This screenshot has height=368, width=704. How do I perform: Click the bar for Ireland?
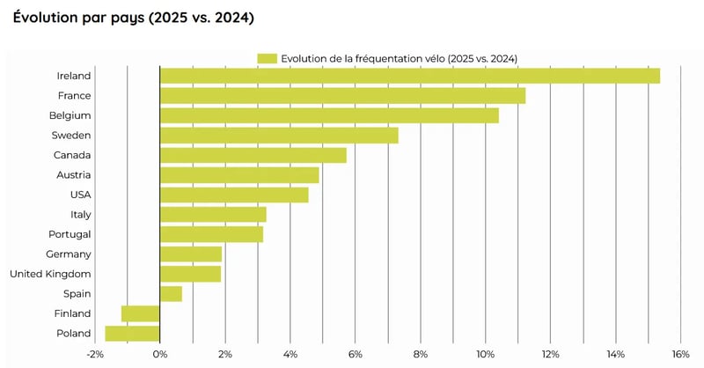click(x=409, y=76)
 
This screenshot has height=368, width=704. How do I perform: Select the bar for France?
click(x=342, y=96)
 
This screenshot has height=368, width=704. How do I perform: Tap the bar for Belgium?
click(x=329, y=115)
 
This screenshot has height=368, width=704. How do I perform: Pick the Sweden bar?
click(x=279, y=136)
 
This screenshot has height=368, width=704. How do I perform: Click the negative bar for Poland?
click(x=133, y=334)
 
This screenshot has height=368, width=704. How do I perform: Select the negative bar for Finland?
click(x=141, y=313)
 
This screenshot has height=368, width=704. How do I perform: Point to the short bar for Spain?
click(x=171, y=294)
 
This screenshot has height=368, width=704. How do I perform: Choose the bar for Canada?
click(x=253, y=155)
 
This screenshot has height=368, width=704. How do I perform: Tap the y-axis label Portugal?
click(x=69, y=234)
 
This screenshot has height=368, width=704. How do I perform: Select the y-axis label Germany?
click(x=68, y=254)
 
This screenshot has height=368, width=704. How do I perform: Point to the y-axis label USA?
click(x=80, y=195)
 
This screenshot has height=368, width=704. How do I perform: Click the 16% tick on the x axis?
click(x=679, y=354)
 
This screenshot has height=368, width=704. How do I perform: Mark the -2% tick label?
click(x=94, y=354)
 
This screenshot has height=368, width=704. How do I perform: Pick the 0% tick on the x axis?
click(x=159, y=354)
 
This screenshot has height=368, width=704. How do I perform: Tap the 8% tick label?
click(x=420, y=354)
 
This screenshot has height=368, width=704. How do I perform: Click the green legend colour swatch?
click(x=267, y=58)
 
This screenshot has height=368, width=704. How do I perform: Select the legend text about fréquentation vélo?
click(x=399, y=58)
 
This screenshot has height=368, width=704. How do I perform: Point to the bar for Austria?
click(x=239, y=175)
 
